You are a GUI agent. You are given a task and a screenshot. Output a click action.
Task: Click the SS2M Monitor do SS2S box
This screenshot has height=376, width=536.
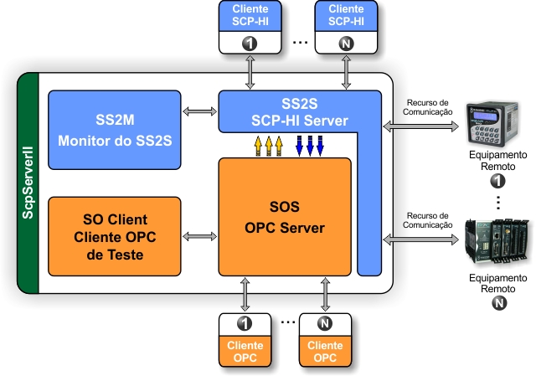(x=115, y=130)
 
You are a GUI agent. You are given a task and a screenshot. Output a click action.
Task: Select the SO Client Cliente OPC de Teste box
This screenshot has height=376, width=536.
(x=115, y=236)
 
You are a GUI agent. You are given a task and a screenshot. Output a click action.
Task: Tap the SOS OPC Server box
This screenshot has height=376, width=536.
(x=285, y=217)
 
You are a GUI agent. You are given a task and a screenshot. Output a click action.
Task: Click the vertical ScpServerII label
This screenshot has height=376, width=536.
(x=28, y=183)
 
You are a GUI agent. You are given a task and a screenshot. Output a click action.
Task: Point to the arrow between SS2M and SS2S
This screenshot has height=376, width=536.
(x=199, y=111)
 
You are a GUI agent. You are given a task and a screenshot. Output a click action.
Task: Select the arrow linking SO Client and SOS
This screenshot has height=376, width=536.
(x=199, y=236)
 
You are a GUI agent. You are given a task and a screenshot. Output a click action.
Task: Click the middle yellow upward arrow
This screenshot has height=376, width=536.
(x=269, y=146)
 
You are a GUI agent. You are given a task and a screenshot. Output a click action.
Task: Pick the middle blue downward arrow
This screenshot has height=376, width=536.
(x=310, y=146)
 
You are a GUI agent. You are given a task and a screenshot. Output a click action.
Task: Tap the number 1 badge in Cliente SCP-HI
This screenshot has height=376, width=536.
(x=250, y=44)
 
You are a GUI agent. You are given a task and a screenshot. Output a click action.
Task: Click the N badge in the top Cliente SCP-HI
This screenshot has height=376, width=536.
(x=346, y=44)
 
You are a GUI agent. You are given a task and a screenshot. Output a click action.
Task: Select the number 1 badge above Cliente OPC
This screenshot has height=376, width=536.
(x=245, y=323)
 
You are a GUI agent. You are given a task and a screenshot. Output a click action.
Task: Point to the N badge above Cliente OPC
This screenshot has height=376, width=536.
(x=325, y=323)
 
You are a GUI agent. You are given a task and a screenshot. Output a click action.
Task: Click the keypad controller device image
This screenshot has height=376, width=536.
(x=492, y=124)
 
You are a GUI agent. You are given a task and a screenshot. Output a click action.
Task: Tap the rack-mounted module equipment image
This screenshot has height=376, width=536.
(x=497, y=241)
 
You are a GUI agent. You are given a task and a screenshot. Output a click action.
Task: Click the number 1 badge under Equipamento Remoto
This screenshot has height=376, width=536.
(x=497, y=181)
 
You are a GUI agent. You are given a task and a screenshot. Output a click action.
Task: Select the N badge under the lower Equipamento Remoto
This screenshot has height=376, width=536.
(x=499, y=303)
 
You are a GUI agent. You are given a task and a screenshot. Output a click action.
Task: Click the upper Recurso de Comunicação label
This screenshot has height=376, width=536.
(x=427, y=107)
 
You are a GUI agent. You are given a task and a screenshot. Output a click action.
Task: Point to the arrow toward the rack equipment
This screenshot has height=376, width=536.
(x=420, y=240)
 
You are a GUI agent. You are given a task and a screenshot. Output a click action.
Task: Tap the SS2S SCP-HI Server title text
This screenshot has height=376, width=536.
(x=300, y=112)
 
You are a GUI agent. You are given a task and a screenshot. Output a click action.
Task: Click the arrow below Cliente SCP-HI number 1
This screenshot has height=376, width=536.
(x=250, y=73)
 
